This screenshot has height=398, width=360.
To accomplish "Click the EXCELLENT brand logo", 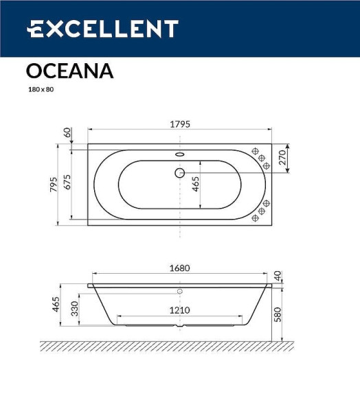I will click(102, 29).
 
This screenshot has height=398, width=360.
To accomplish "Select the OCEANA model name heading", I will click(69, 71).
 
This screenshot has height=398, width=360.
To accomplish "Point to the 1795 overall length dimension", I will click(180, 124).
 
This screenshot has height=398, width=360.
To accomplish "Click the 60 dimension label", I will click(67, 132).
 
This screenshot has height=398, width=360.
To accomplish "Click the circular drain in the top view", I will click(180, 173).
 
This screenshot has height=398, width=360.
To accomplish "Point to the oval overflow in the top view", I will click(180, 154).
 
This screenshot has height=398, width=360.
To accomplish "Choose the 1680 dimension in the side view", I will click(180, 268).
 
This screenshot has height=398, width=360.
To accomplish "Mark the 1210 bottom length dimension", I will click(180, 310).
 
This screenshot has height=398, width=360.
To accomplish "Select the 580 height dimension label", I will click(278, 314).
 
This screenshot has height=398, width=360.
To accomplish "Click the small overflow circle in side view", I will click(180, 292).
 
